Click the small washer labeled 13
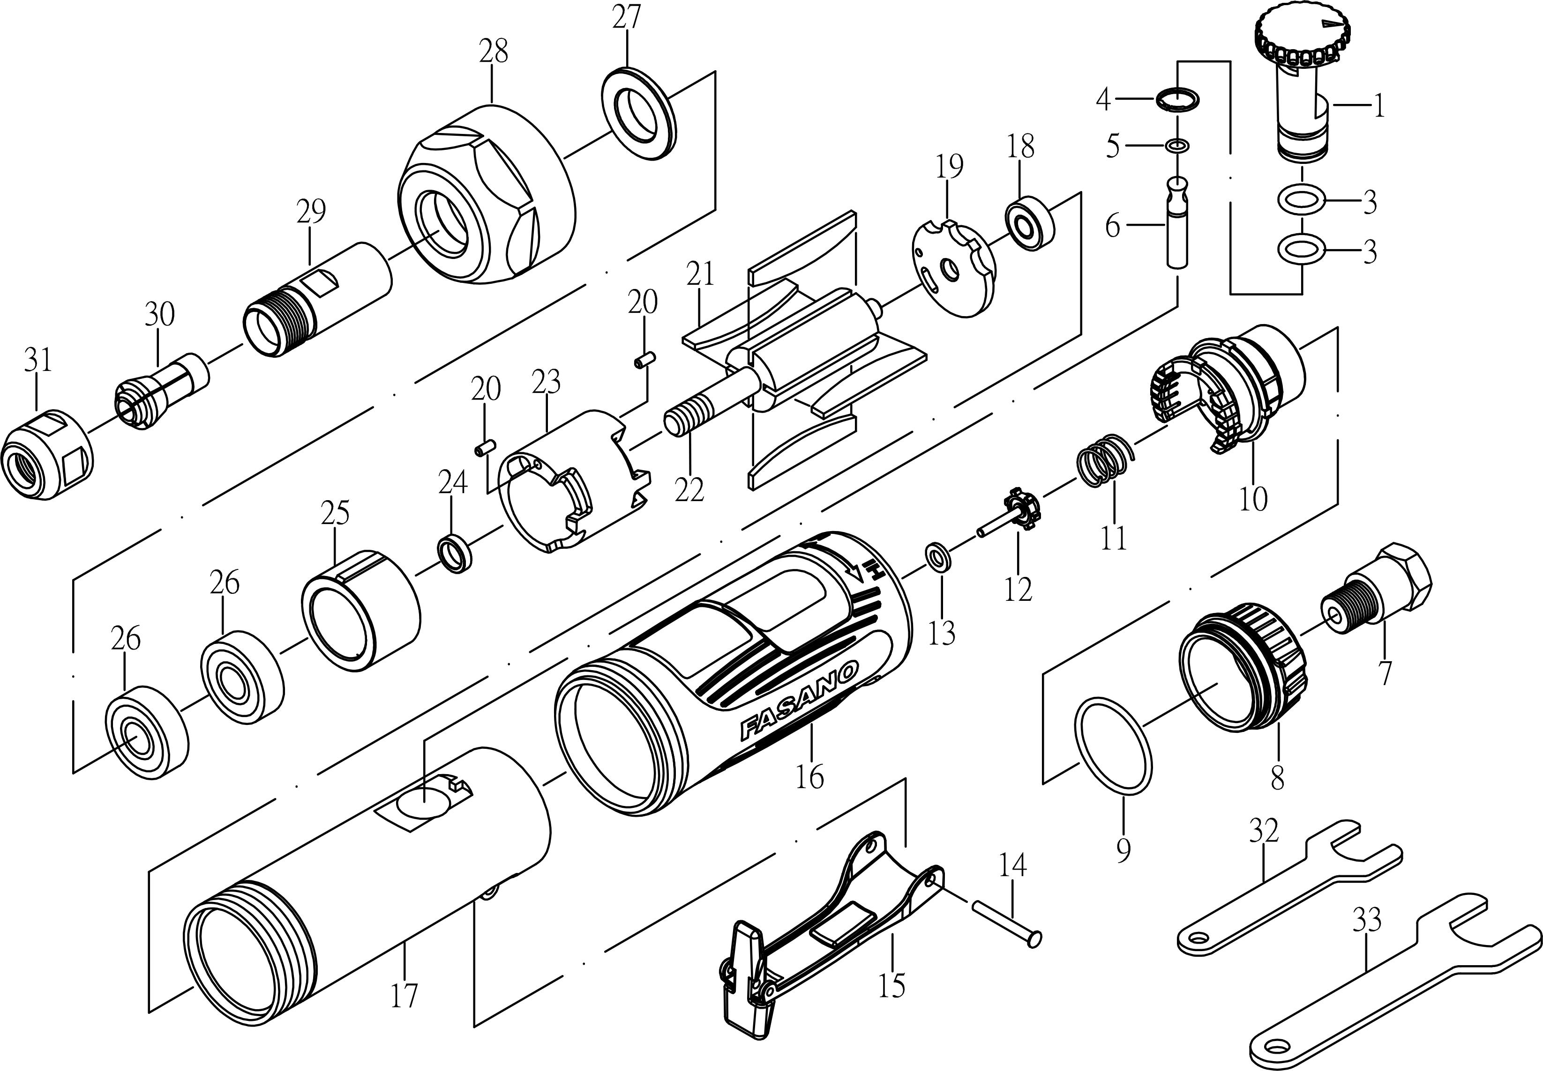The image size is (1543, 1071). (x=937, y=556)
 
